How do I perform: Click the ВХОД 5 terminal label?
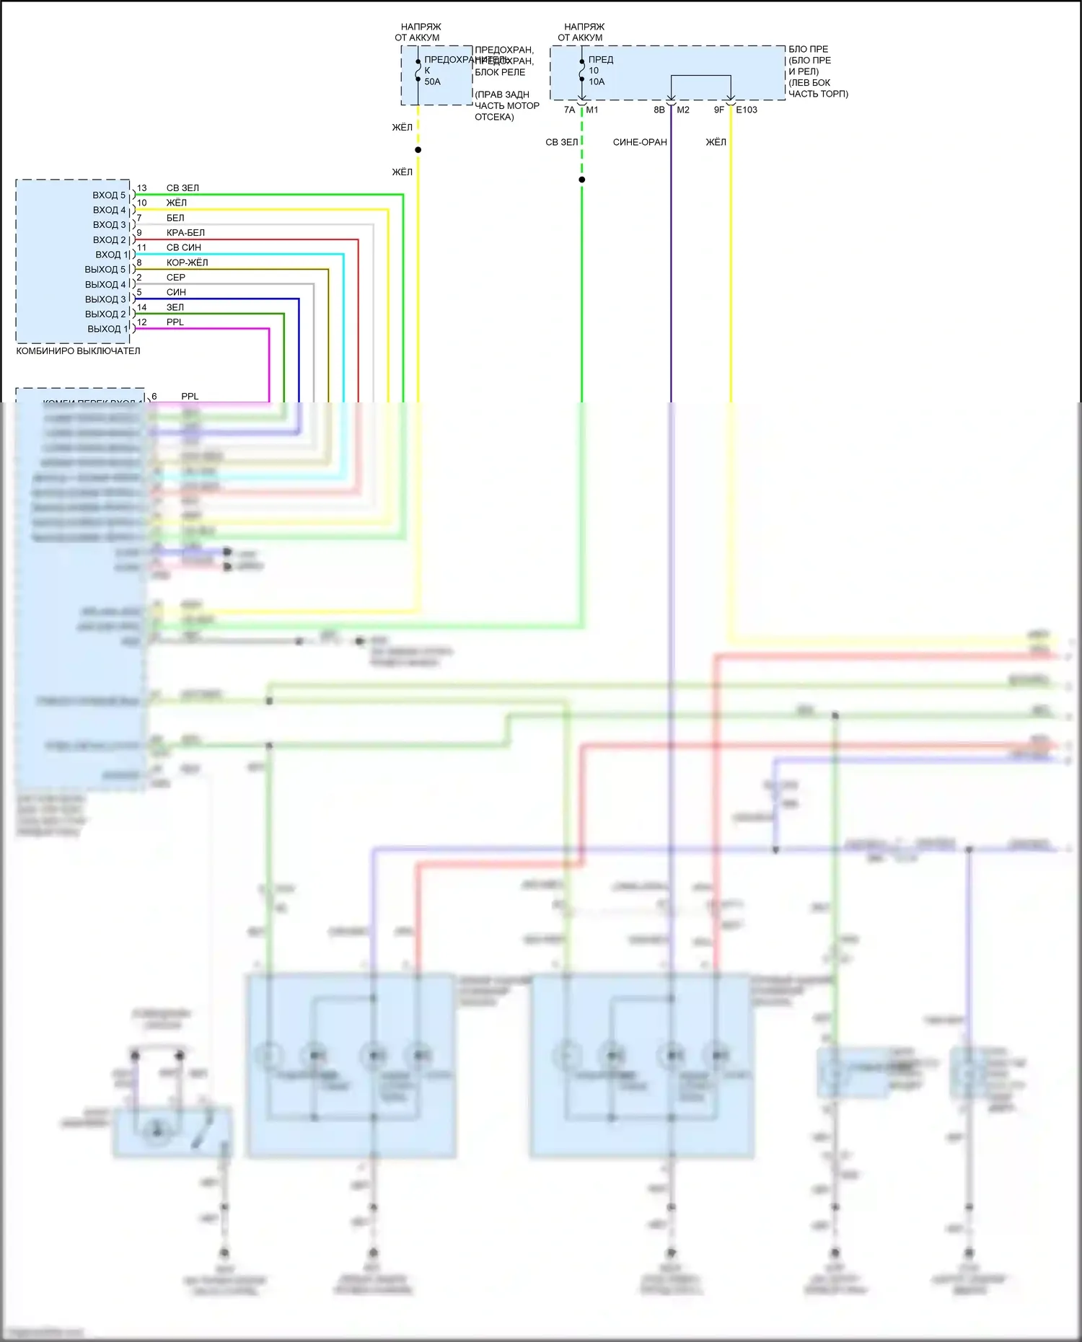(108, 195)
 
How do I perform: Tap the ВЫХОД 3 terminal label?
(105, 299)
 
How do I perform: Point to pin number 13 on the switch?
(141, 188)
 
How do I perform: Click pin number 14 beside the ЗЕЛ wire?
(141, 307)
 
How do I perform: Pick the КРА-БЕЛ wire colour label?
(185, 233)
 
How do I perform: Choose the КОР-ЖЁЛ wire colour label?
(187, 262)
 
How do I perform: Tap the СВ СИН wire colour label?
(183, 247)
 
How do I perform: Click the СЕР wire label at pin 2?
(176, 278)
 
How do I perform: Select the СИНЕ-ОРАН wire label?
(640, 142)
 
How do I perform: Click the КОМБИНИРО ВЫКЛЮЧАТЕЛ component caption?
(78, 351)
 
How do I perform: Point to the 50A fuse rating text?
(432, 82)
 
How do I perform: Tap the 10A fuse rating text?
(597, 82)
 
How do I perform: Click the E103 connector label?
(747, 110)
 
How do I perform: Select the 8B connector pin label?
(659, 110)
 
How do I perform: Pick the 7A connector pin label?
(569, 110)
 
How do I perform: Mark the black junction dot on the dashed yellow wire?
(418, 150)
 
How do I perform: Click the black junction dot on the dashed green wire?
(581, 180)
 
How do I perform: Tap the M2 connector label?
(683, 110)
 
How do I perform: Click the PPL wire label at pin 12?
(175, 322)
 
